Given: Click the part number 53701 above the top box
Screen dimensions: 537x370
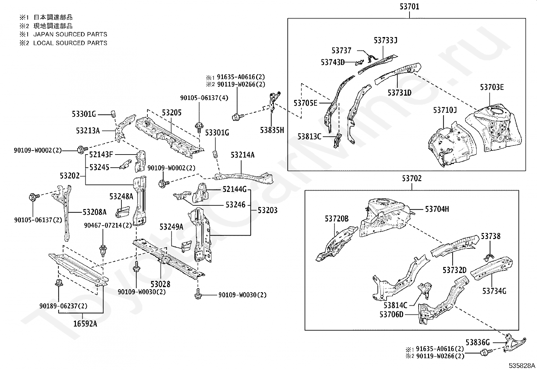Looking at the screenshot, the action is click(409, 7).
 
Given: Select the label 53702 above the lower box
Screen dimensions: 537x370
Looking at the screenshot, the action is click(412, 178).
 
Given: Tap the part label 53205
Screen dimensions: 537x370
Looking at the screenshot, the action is click(172, 112).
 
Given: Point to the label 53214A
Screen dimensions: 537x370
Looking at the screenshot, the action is click(243, 155).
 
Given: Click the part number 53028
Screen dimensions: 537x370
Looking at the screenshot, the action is click(160, 284).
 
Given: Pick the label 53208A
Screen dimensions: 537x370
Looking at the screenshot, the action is click(94, 212).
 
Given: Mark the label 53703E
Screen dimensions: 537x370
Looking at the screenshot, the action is click(492, 87).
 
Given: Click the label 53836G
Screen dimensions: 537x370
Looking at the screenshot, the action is click(478, 342).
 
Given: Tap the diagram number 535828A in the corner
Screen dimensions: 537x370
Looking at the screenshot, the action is click(522, 366).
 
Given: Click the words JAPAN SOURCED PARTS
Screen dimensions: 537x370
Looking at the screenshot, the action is click(70, 34).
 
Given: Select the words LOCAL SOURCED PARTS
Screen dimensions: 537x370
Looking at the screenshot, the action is click(70, 43).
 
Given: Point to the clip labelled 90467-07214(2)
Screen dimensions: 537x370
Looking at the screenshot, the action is click(103, 250).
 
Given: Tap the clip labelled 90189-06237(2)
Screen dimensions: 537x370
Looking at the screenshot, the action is click(59, 283).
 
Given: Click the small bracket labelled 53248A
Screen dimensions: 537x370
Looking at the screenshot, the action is click(122, 212).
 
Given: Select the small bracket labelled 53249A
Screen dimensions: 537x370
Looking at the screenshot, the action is click(186, 246).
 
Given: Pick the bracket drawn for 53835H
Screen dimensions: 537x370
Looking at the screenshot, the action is click(274, 101).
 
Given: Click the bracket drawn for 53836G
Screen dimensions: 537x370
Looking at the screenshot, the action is click(514, 343).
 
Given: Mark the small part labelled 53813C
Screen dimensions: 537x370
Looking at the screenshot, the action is click(337, 140).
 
